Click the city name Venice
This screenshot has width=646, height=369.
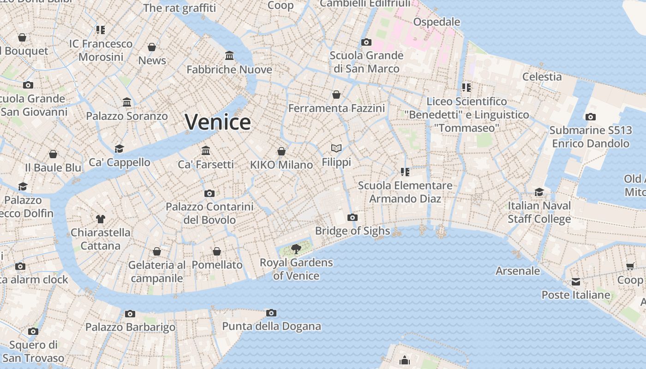tap(218, 122)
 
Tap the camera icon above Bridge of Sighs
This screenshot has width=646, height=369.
tap(353, 217)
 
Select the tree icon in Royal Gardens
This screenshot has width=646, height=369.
tap(296, 250)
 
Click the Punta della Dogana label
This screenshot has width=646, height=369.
tap(271, 327)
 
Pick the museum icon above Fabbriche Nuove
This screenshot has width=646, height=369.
tap(229, 56)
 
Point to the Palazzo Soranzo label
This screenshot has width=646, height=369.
tap(127, 116)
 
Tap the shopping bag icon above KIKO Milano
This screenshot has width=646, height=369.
tap(281, 151)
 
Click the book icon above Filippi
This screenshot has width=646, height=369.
tap(336, 148)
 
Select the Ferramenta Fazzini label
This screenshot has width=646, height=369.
tap(336, 108)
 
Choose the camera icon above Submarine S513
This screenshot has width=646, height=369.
tap(590, 117)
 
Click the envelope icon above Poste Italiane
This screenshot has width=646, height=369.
tap(576, 282)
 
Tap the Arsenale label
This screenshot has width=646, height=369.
tap(518, 271)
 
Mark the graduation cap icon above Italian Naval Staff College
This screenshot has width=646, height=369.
tap(539, 192)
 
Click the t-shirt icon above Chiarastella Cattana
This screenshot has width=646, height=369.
tap(101, 219)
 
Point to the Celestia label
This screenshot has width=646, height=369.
tap(542, 77)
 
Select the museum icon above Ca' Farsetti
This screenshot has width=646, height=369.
tap(206, 150)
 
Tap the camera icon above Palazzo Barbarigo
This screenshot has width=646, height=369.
tap(130, 314)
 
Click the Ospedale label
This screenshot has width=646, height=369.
tap(437, 22)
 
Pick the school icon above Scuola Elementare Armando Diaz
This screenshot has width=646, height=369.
tap(405, 172)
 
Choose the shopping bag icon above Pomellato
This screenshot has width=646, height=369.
tap(217, 251)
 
